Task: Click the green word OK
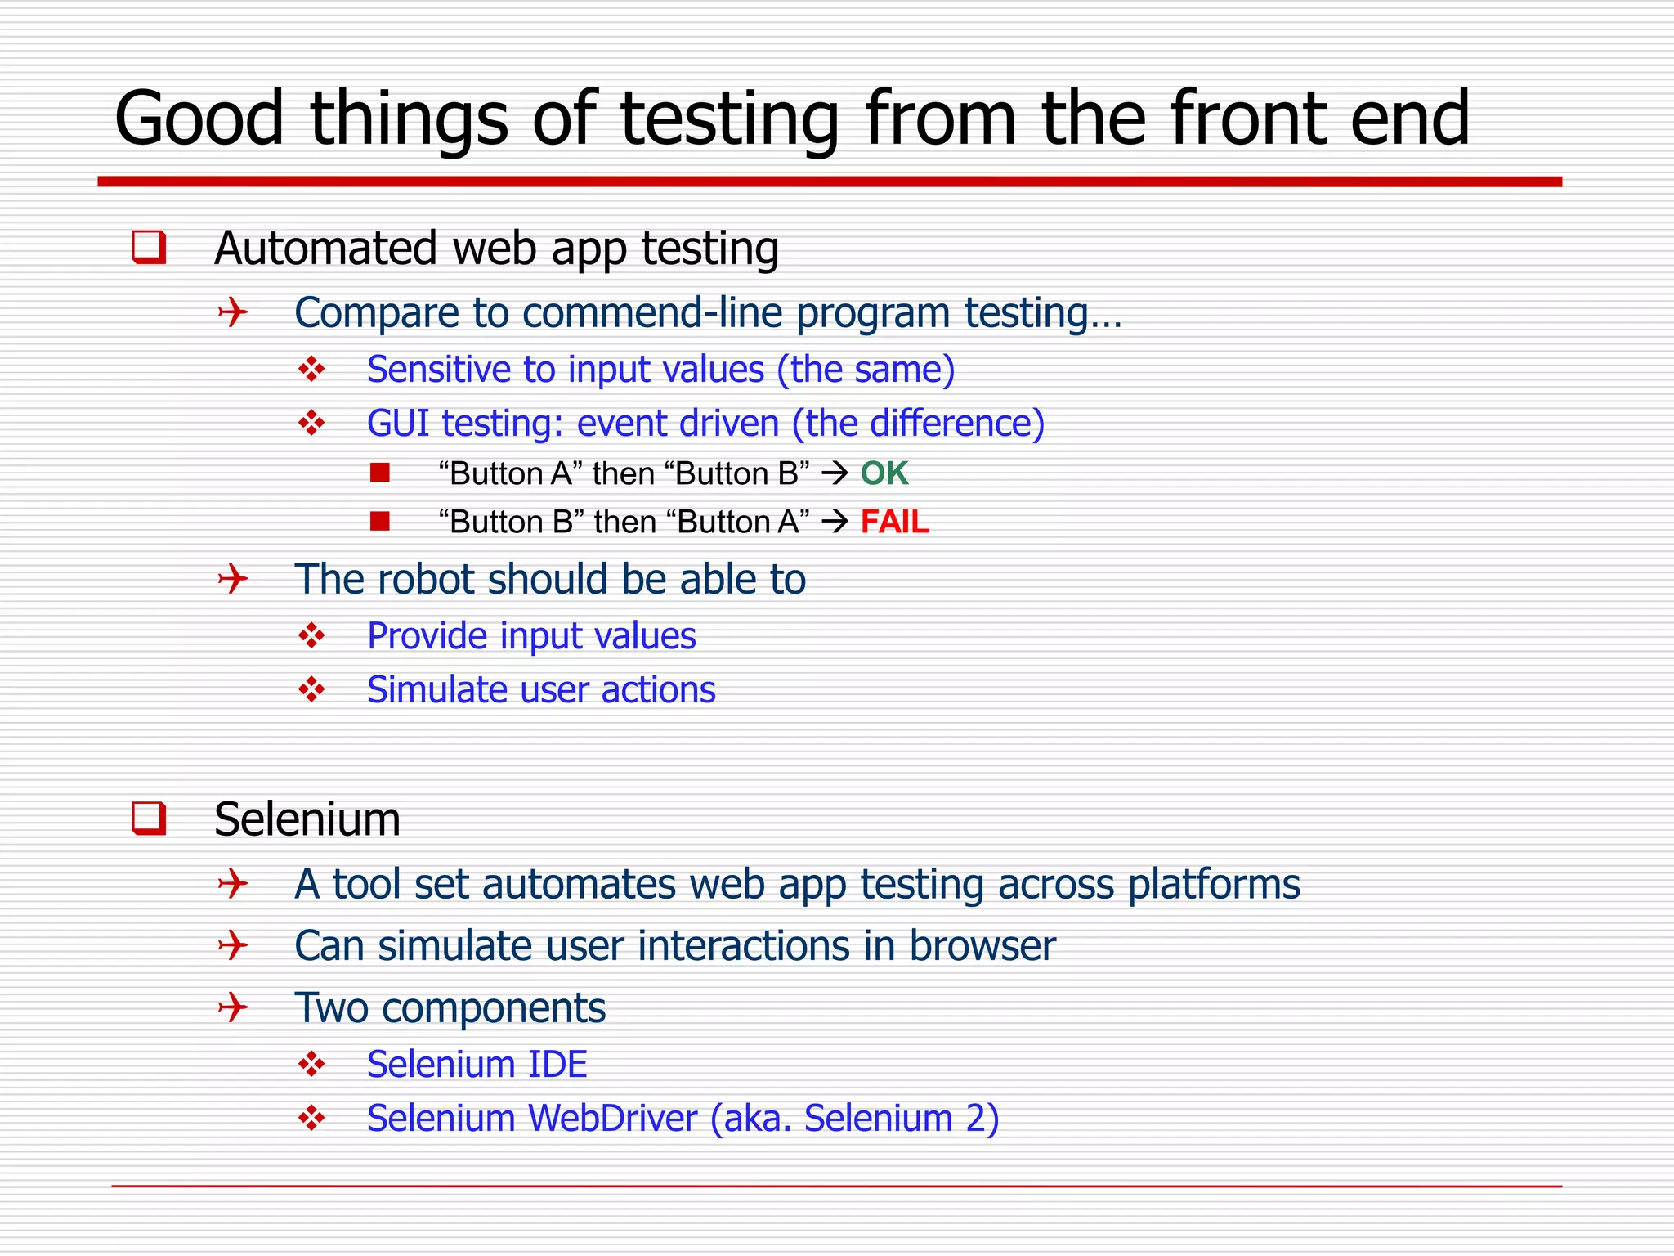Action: coord(884,473)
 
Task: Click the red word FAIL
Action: coord(894,522)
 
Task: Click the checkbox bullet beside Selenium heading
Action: coord(149,819)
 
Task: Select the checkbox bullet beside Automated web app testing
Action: coord(149,248)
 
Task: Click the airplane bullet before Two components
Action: coord(233,1007)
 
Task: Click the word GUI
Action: coord(398,424)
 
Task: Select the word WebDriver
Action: coord(613,1118)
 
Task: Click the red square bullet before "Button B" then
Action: coord(379,521)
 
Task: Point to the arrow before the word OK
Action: coord(835,473)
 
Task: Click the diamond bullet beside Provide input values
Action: coord(311,635)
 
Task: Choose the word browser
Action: coord(982,946)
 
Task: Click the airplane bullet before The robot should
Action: coord(233,579)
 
